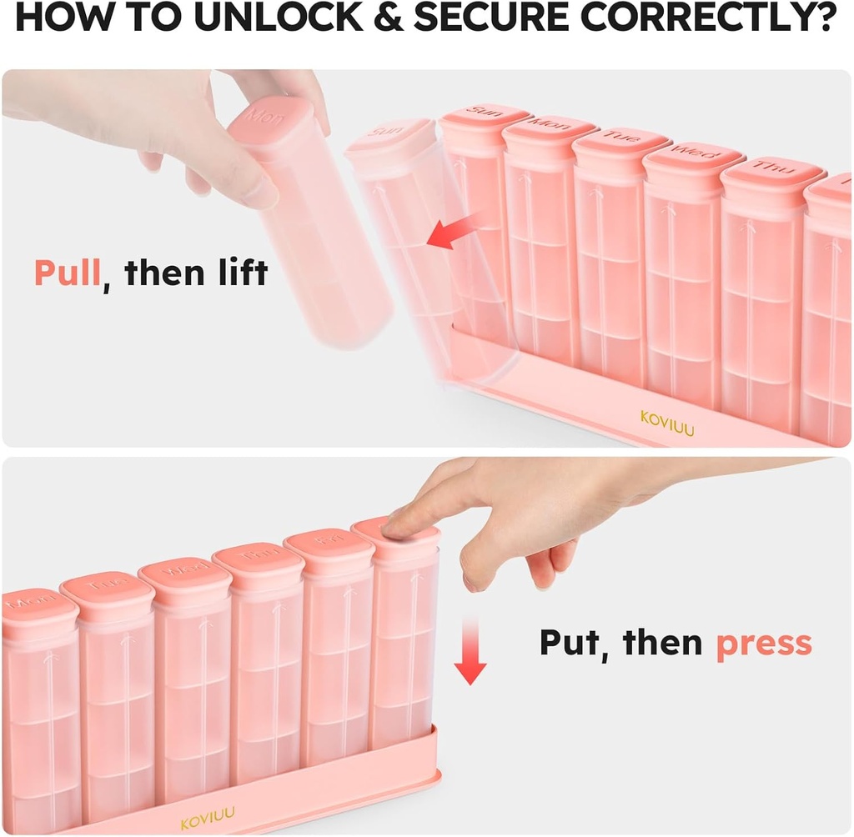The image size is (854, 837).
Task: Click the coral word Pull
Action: pyautogui.click(x=67, y=273)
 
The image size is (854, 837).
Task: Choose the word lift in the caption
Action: pyautogui.click(x=238, y=273)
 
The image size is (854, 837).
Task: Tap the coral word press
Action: pyautogui.click(x=764, y=644)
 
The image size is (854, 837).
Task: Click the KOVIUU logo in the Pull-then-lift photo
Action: pyautogui.click(x=666, y=417)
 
